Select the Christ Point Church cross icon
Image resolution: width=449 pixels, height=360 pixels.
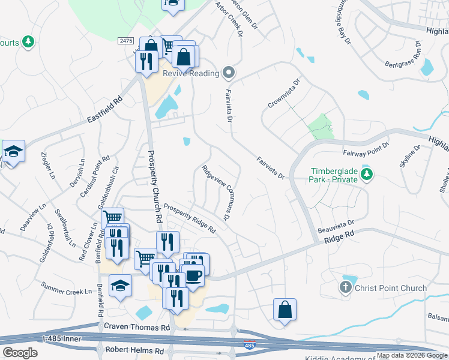point(345,288)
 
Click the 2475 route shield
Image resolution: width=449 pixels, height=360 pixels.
point(125,40)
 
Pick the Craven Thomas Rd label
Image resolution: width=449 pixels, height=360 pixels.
point(137,328)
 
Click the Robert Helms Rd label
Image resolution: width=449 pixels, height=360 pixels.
point(134,350)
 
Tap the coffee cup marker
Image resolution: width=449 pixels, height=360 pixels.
point(193,275)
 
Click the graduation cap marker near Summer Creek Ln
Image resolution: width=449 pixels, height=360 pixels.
point(120,286)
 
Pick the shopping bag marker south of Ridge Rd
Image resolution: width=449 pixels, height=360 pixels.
point(285,310)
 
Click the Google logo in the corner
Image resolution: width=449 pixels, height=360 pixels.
point(19,353)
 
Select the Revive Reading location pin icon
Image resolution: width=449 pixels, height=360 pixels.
point(228,74)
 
